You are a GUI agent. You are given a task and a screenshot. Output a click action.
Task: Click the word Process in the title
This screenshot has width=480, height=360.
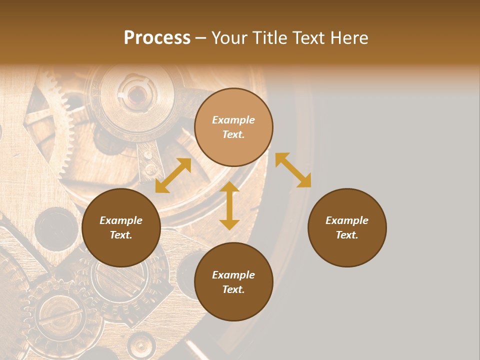(x=157, y=38)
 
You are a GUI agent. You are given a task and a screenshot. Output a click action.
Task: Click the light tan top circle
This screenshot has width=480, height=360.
(x=233, y=127)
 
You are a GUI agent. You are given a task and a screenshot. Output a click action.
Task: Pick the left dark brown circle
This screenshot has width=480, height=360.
(x=121, y=227)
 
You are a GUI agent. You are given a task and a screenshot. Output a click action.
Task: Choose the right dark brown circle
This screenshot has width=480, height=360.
(x=347, y=227)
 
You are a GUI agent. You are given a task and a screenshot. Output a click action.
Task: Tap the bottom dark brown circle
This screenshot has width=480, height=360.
(x=233, y=282)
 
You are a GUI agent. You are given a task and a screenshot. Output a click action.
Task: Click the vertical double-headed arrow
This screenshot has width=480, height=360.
(x=229, y=205)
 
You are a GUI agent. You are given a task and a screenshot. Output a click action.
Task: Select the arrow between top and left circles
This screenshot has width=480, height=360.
(x=173, y=175)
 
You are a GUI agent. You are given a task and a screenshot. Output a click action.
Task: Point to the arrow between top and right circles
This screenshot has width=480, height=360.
(x=293, y=170)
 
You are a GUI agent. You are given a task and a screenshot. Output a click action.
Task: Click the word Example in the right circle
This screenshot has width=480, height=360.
(x=347, y=220)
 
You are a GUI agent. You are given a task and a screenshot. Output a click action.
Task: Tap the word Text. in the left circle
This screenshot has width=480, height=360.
(x=121, y=235)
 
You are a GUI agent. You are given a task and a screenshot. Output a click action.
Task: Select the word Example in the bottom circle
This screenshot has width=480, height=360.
(x=233, y=275)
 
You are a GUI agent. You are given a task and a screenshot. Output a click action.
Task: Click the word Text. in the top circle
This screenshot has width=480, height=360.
(x=233, y=134)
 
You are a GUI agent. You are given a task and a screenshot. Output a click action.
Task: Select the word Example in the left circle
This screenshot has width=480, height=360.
(x=121, y=220)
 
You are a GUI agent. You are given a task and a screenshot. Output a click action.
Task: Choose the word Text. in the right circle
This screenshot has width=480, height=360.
(x=347, y=235)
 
